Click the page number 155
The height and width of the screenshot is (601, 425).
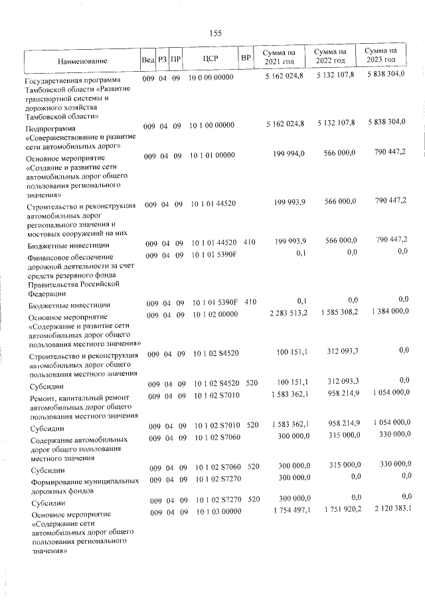(x=214, y=34)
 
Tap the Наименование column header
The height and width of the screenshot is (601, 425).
(x=80, y=61)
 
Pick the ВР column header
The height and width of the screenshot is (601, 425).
(x=246, y=58)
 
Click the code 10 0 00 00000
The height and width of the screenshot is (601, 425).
(x=212, y=78)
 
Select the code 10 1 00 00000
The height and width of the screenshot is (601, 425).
(x=212, y=125)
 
